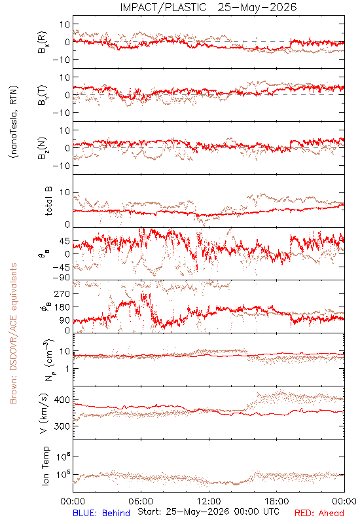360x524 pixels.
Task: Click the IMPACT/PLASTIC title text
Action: pyautogui.click(x=163, y=7)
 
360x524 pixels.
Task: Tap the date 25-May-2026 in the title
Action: pyautogui.click(x=257, y=7)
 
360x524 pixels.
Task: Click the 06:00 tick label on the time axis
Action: pyautogui.click(x=141, y=501)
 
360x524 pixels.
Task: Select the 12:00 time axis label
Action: pyautogui.click(x=209, y=501)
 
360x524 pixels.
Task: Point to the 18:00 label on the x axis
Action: pyautogui.click(x=277, y=501)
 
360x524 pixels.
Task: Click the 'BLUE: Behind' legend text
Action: pyautogui.click(x=101, y=513)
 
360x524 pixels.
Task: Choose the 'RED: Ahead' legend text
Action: pyautogui.click(x=319, y=513)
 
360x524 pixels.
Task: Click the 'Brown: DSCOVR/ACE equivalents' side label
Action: pyautogui.click(x=13, y=333)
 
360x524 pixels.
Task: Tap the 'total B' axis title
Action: pyautogui.click(x=48, y=200)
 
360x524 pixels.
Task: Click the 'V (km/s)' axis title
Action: pyautogui.click(x=44, y=413)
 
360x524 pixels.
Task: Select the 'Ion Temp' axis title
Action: pyautogui.click(x=45, y=466)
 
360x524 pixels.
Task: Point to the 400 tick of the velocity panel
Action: pyautogui.click(x=62, y=400)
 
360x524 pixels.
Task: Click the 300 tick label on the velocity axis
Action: pyautogui.click(x=62, y=426)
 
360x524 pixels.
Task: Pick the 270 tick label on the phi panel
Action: pyautogui.click(x=62, y=294)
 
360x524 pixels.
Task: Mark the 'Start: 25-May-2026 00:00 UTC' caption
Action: pyautogui.click(x=208, y=512)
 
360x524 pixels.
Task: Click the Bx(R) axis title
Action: pyautogui.click(x=43, y=43)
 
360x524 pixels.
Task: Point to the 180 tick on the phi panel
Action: pyautogui.click(x=62, y=307)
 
